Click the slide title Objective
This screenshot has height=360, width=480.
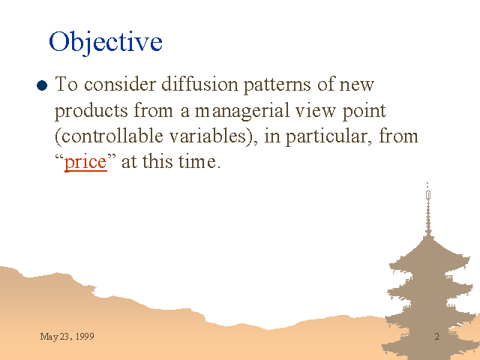[106, 42]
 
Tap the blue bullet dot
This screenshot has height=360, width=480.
[42, 85]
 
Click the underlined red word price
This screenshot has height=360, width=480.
[85, 162]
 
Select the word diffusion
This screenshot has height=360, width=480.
[199, 83]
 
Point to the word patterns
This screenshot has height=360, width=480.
[277, 85]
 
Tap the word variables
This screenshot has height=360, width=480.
[208, 136]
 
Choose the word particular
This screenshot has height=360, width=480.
[326, 137]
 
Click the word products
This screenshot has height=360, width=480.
[91, 112]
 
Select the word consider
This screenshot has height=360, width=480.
[120, 83]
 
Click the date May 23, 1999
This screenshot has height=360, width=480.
[67, 337]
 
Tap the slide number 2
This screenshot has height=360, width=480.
[436, 337]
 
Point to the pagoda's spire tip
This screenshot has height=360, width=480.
[427, 183]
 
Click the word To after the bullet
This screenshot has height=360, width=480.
[66, 83]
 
